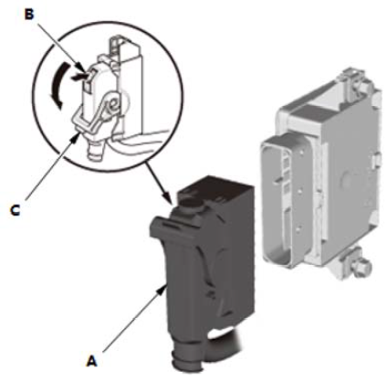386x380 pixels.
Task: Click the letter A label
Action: click(x=92, y=361)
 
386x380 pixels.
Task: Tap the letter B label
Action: click(x=29, y=15)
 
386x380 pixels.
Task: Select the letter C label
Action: click(x=15, y=210)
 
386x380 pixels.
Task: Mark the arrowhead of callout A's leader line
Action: click(x=162, y=290)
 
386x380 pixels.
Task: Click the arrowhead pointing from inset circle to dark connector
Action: click(x=169, y=198)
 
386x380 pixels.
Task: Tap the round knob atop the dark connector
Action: click(x=193, y=204)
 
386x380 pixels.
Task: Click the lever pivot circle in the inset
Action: click(x=113, y=105)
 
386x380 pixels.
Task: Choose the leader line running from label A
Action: click(x=132, y=321)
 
